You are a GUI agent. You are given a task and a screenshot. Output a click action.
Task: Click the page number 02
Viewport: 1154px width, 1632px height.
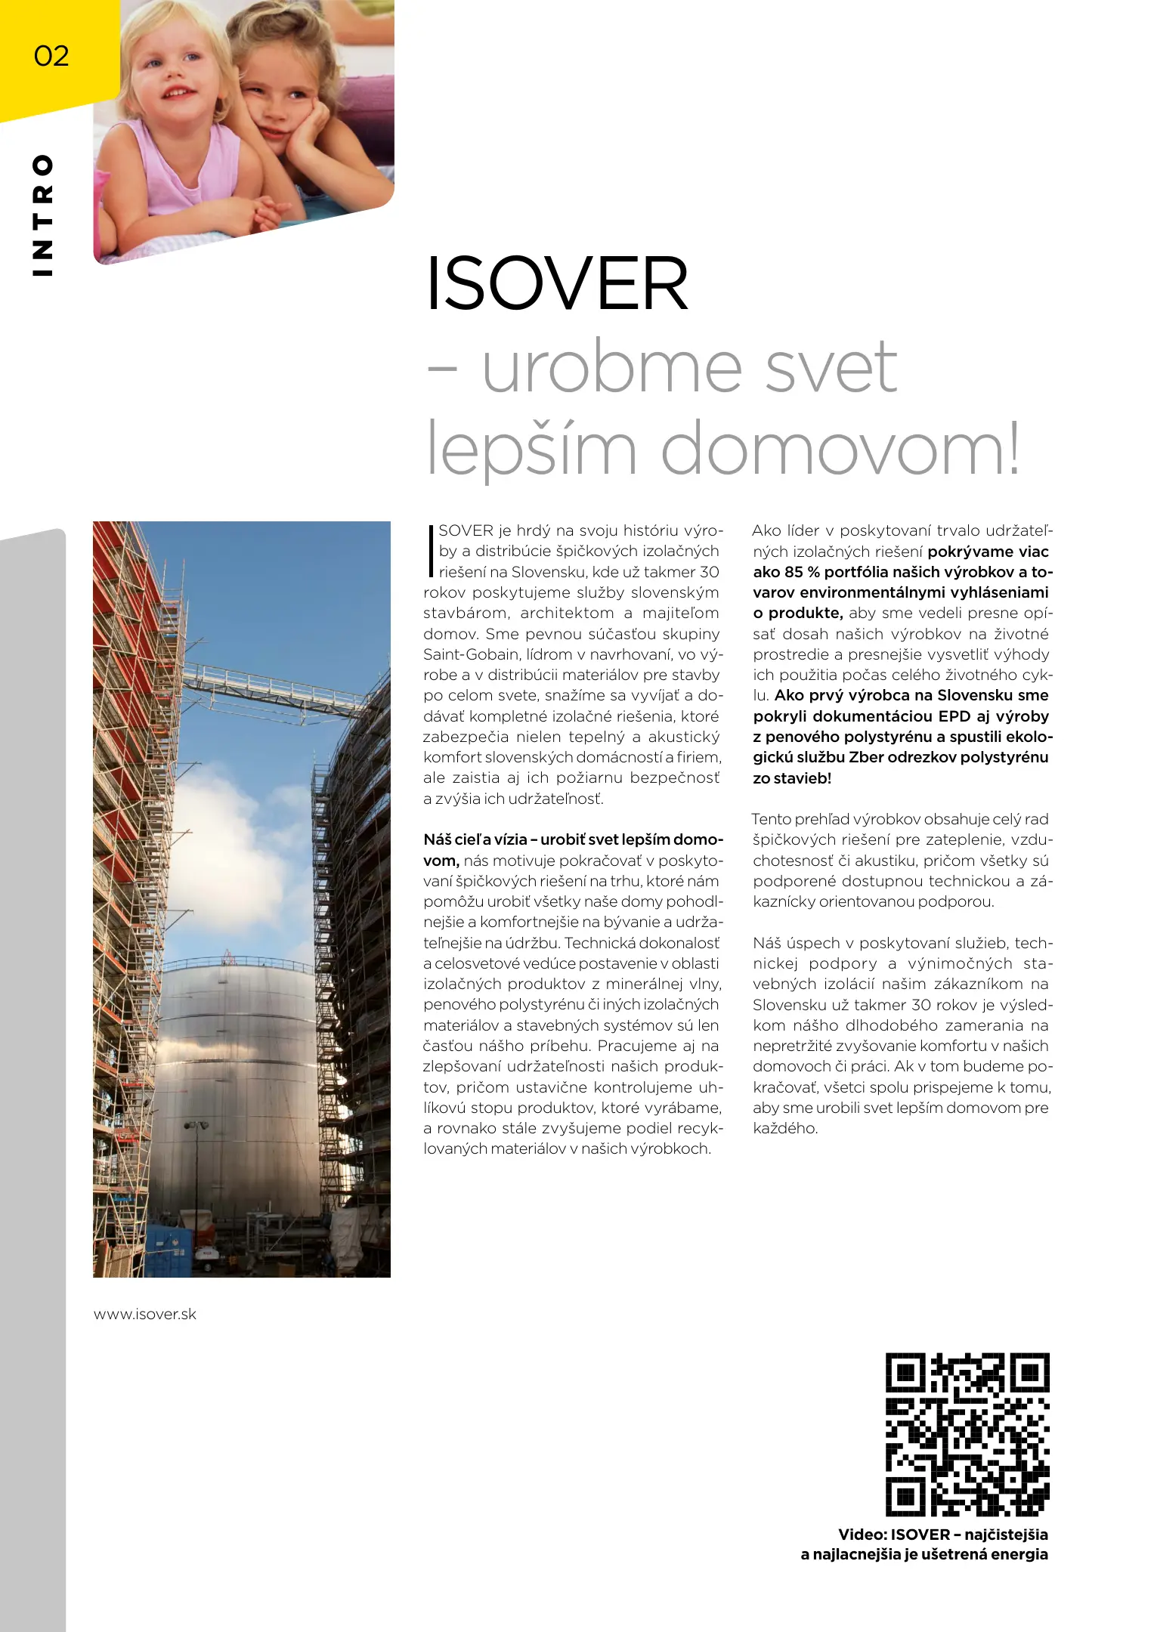click(51, 56)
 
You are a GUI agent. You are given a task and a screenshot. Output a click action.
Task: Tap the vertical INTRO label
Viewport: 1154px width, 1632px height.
click(43, 215)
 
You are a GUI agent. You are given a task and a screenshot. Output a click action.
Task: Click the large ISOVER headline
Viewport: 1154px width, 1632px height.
click(558, 284)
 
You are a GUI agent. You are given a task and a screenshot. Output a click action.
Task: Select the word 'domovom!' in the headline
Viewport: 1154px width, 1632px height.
click(840, 449)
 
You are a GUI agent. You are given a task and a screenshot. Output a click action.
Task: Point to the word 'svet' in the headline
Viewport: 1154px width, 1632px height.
click(831, 367)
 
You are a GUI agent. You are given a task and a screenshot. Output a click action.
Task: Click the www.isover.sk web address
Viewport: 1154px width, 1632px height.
click(145, 1314)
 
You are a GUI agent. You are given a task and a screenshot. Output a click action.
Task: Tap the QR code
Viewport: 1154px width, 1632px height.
click(967, 1434)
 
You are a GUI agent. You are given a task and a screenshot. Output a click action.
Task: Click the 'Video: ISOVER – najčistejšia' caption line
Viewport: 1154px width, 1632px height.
click(942, 1534)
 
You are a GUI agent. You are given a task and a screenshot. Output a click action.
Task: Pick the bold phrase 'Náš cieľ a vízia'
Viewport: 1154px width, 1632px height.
click(475, 839)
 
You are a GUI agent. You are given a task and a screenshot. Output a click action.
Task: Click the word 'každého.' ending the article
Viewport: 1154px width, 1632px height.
click(785, 1128)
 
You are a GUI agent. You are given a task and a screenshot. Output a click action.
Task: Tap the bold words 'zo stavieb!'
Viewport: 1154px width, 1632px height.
click(791, 778)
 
